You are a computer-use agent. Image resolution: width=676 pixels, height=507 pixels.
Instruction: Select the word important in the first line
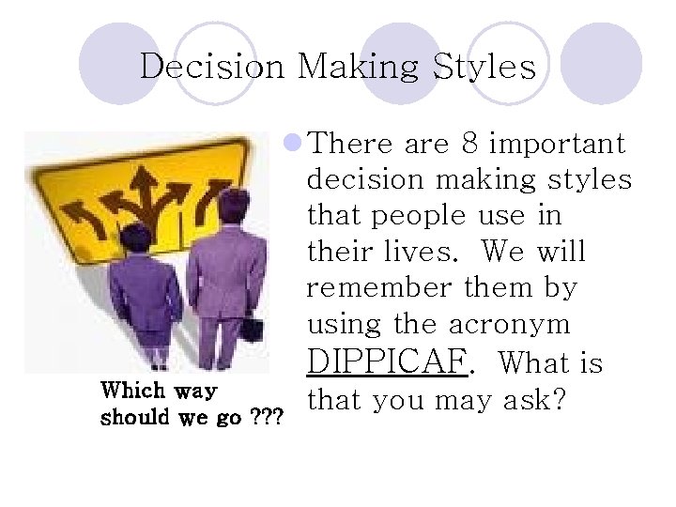point(558,144)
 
